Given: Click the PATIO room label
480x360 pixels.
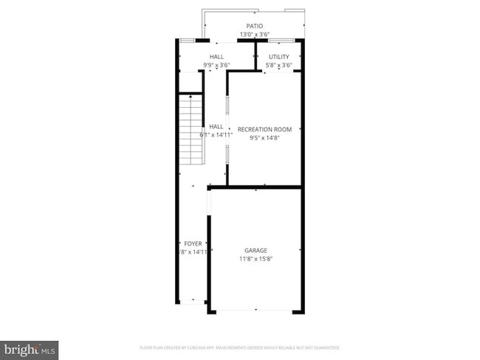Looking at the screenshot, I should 254,27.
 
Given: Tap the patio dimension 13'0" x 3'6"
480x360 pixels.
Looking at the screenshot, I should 254,35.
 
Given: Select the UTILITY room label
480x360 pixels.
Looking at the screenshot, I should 279,57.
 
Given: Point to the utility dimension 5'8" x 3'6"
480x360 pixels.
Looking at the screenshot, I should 279,65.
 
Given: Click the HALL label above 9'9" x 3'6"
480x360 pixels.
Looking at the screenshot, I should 217,57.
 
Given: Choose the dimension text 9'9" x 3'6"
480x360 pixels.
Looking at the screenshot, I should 217,65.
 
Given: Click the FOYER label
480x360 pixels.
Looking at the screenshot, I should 193,243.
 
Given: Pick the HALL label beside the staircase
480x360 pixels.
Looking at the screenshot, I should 216,127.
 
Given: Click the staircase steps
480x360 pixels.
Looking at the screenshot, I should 191,125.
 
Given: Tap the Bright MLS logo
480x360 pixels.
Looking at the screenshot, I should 30,348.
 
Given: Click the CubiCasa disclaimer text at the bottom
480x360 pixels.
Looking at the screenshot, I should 239,347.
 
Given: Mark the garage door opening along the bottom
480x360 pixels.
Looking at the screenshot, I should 256,311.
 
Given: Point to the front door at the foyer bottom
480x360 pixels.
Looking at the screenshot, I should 193,301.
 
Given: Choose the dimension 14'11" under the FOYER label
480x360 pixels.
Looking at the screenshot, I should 193,252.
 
